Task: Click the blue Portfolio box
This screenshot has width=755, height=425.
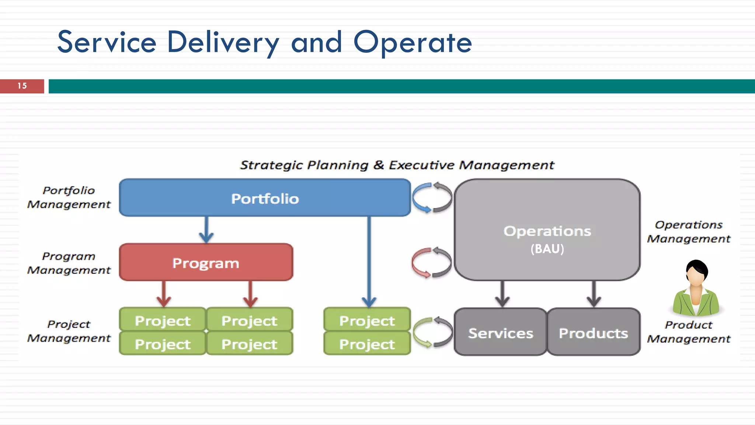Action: [265, 198]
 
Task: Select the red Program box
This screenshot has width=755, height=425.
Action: [206, 263]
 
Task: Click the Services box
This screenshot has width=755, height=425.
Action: [500, 332]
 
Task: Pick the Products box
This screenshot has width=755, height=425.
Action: [593, 332]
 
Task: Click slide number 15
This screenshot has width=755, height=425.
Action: [22, 86]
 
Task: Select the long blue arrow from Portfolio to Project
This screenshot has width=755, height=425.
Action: [369, 262]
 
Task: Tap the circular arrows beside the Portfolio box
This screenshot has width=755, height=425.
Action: [432, 198]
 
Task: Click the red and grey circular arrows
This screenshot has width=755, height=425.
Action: [432, 263]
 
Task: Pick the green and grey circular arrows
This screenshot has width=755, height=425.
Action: [432, 332]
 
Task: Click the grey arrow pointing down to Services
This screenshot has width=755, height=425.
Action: [502, 294]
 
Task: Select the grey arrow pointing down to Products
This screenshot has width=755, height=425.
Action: [594, 294]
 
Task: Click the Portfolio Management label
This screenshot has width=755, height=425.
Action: [69, 197]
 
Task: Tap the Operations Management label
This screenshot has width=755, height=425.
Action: [689, 232]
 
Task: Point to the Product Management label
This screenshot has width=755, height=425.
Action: [689, 332]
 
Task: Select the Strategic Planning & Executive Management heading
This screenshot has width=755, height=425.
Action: [397, 165]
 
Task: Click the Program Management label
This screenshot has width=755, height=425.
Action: [69, 263]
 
